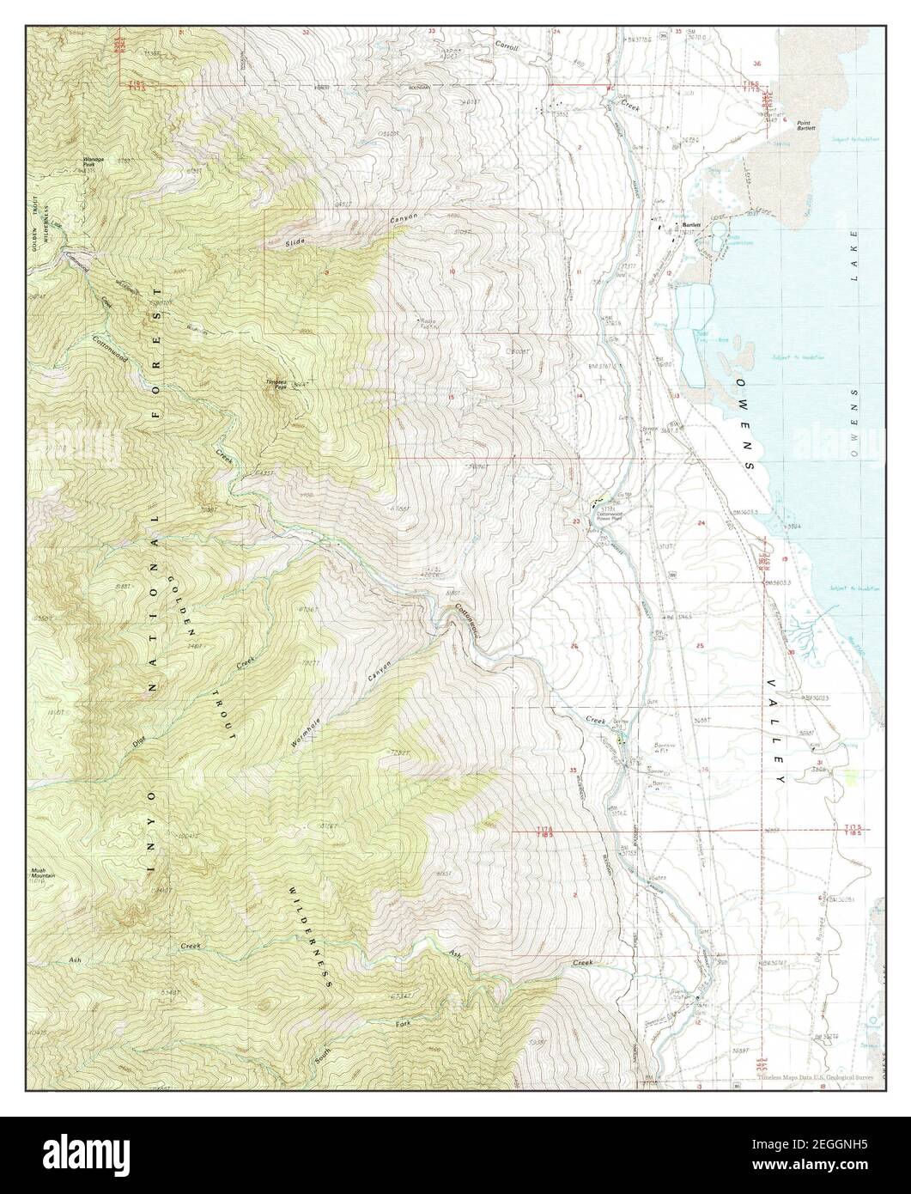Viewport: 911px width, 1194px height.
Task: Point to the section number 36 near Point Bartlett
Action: click(756, 64)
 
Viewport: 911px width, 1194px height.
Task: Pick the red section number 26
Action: click(574, 645)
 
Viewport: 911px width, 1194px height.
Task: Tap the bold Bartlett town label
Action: click(691, 225)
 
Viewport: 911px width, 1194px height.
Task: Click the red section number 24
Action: click(701, 522)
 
